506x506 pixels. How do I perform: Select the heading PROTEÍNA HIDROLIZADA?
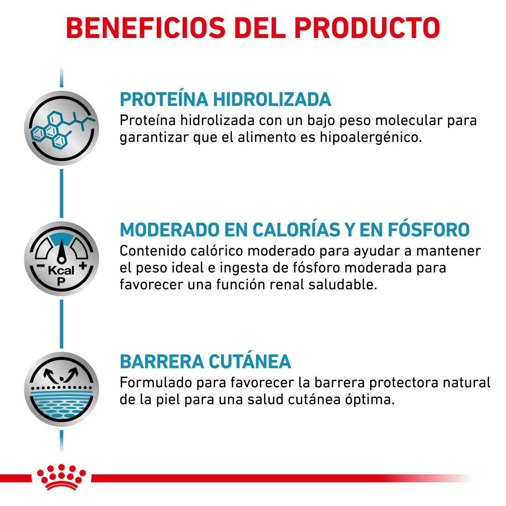tap(225, 99)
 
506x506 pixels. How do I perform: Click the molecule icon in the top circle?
tap(61, 128)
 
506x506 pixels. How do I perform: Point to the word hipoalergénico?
tap(371, 137)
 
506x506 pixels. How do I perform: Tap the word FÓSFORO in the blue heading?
tap(429, 230)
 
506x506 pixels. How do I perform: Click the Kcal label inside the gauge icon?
tap(61, 271)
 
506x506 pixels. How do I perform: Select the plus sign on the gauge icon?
tap(83, 265)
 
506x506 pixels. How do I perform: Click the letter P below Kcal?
tap(61, 282)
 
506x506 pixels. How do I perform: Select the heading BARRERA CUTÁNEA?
tap(205, 361)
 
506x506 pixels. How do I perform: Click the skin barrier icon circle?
tap(61, 389)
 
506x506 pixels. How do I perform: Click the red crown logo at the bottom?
tap(61, 477)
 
